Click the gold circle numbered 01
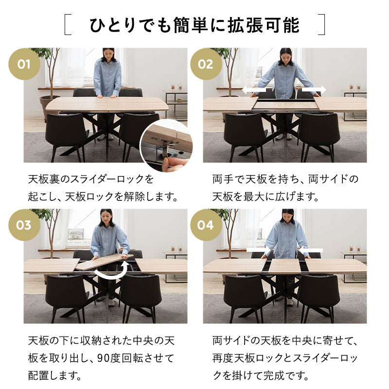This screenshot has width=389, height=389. pos(24,64)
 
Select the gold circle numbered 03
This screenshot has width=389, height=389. pos(24,225)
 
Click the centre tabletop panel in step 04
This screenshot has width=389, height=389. pos(284,265)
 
